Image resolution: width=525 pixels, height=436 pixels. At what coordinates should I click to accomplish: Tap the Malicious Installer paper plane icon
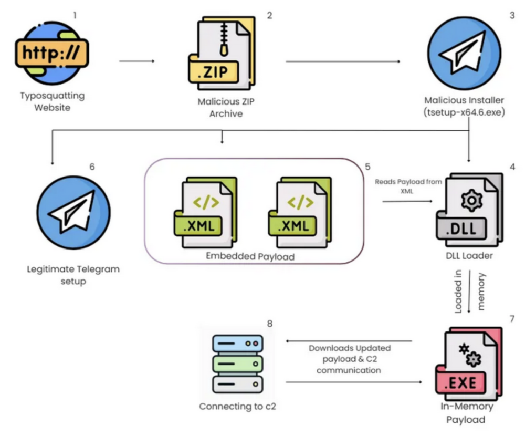click(464, 53)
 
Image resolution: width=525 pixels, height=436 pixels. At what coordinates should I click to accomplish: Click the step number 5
click(367, 166)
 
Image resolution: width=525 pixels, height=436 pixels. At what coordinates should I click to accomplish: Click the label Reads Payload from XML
click(409, 186)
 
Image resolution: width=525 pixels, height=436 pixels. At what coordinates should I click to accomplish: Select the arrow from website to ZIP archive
click(137, 61)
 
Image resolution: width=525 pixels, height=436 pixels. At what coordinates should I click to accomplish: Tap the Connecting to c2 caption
click(237, 406)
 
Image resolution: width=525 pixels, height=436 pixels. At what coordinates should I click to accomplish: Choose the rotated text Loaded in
click(458, 292)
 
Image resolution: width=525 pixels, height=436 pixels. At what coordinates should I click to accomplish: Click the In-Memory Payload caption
click(466, 413)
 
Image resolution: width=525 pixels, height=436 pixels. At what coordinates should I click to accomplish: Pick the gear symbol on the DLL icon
click(471, 200)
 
